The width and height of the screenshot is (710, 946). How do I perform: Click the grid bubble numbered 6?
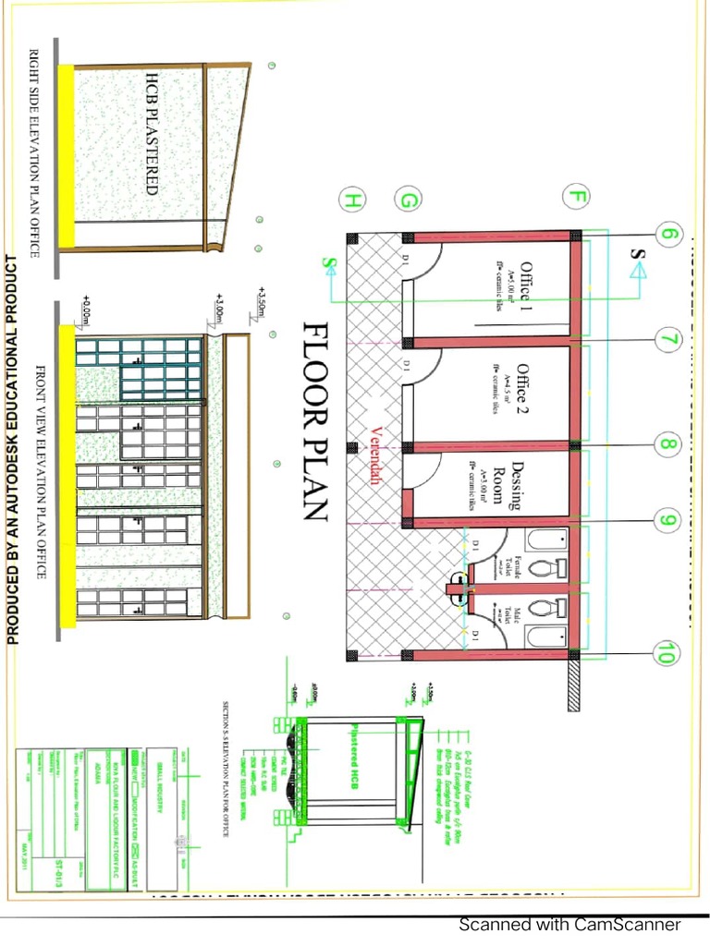tap(671, 235)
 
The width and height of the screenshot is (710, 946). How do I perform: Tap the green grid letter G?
tap(408, 200)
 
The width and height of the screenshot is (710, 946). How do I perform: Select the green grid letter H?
tap(352, 200)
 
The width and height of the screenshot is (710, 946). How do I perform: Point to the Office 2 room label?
tap(523, 387)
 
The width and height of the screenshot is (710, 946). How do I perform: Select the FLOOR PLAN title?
tap(315, 421)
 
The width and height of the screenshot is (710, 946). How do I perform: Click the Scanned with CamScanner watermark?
tap(570, 925)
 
